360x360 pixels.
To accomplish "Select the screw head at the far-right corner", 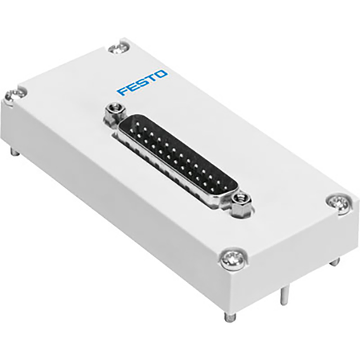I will [x=336, y=202].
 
